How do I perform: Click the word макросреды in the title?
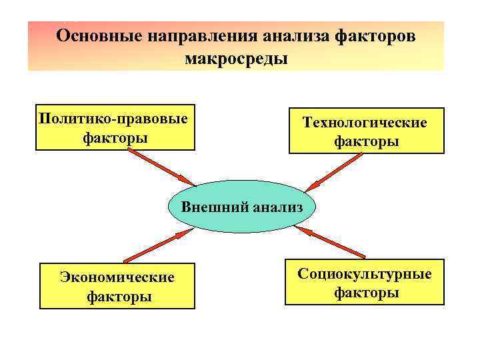coord(236,59)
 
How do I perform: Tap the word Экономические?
coord(117,277)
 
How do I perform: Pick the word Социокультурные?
coord(365,273)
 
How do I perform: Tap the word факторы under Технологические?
coord(366,142)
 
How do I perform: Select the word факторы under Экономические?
coord(119,295)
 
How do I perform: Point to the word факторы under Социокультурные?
coord(366,293)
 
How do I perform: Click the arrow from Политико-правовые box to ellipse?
coord(161,167)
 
